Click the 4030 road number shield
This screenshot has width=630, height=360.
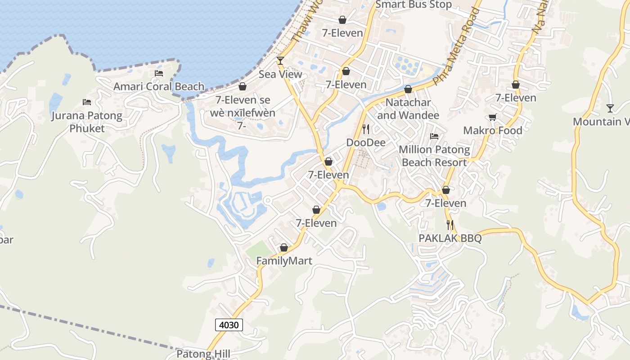229,324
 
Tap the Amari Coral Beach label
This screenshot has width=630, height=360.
159,86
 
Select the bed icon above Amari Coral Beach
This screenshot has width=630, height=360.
159,73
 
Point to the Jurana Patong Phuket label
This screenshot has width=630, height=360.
86,122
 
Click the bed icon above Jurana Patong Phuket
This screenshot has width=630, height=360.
87,102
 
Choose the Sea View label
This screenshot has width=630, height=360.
280,74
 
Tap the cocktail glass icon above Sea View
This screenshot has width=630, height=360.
280,61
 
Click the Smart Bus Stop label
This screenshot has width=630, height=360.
413,5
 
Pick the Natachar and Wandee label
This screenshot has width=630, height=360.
408,109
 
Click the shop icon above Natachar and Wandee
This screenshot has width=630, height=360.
408,90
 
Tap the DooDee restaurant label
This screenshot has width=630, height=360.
366,143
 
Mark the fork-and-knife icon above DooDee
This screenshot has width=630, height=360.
366,129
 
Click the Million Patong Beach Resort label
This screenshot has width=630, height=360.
434,156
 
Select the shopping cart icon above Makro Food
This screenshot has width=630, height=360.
493,117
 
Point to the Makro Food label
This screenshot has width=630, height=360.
493,130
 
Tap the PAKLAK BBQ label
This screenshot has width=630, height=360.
450,238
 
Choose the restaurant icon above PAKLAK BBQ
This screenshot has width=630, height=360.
450,225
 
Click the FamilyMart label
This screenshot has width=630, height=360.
284,261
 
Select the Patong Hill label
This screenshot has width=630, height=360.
203,354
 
